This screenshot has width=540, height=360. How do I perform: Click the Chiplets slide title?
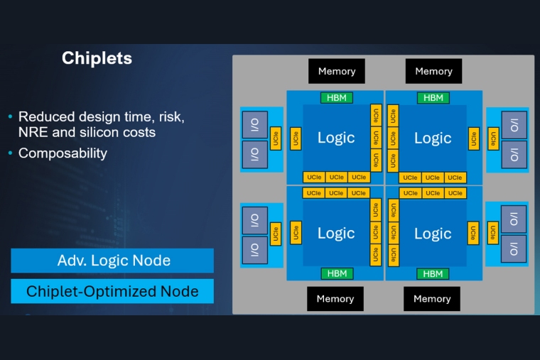pyautogui.click(x=97, y=58)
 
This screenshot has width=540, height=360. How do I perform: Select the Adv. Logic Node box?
pyautogui.click(x=112, y=261)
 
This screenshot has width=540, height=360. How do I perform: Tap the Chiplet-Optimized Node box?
pyautogui.click(x=112, y=291)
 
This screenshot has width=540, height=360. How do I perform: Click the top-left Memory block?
pyautogui.click(x=337, y=71)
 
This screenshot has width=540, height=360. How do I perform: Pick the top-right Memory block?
pyautogui.click(x=433, y=71)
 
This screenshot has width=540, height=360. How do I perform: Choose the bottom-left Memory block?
pyautogui.click(x=335, y=299)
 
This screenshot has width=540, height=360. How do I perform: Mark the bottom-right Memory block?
pyautogui.click(x=432, y=299)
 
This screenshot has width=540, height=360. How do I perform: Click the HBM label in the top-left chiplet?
pyautogui.click(x=336, y=98)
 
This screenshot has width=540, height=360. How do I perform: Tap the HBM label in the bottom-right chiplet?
pyautogui.click(x=432, y=273)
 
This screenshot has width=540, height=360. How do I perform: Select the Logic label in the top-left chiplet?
pyautogui.click(x=336, y=138)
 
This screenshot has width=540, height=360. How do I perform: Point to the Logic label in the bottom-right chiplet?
pyautogui.click(x=433, y=234)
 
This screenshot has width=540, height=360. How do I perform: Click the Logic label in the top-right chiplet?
pyautogui.click(x=433, y=138)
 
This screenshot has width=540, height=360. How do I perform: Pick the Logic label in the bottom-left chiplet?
pyautogui.click(x=336, y=234)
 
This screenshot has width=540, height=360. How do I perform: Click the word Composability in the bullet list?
pyautogui.click(x=63, y=153)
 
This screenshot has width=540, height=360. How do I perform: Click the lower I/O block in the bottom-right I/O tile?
pyautogui.click(x=514, y=249)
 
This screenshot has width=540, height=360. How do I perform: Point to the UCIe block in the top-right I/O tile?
pyautogui.click(x=493, y=138)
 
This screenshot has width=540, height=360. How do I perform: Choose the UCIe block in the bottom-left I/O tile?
pyautogui.click(x=275, y=233)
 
